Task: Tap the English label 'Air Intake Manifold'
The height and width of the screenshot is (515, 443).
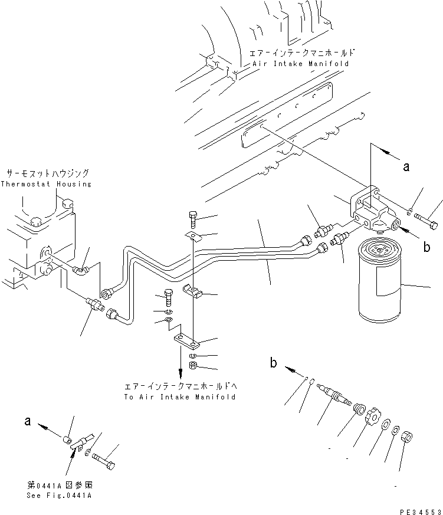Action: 300,63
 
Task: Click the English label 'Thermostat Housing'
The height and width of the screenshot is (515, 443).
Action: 46,184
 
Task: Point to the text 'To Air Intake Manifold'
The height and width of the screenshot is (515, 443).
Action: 180,397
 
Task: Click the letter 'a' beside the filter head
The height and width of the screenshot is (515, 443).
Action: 406,167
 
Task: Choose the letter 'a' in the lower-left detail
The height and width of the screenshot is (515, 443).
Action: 27,421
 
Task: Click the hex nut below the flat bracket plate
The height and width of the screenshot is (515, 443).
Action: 193,367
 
